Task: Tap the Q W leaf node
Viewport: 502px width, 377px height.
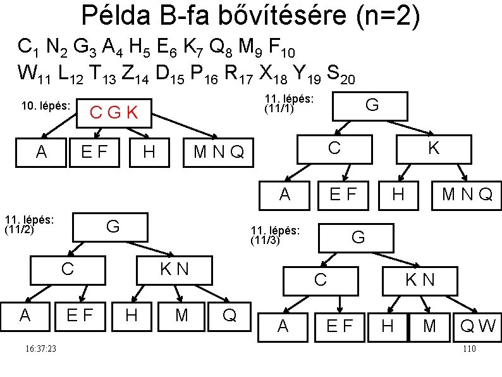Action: point(478,326)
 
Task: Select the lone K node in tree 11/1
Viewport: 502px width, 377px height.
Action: point(433,148)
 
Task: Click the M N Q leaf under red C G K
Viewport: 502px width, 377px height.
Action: point(218,153)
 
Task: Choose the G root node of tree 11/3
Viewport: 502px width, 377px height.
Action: point(358,238)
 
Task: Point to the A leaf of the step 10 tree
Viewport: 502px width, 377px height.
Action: point(42,152)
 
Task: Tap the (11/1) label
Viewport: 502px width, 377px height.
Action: point(278,108)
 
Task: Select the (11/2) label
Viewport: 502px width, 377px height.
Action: point(19,229)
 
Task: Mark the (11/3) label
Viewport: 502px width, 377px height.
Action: point(266,240)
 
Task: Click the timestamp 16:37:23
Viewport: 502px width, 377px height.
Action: point(37,349)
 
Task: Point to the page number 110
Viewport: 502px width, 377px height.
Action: point(468,349)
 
